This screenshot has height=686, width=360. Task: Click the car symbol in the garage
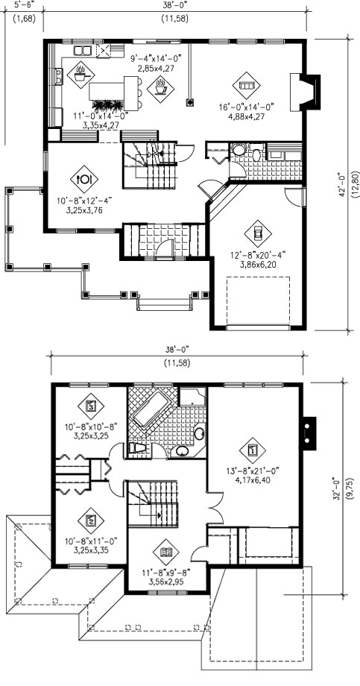tap(258, 233)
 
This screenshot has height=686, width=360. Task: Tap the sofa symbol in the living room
tap(246, 85)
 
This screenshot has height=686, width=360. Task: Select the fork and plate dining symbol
tap(84, 178)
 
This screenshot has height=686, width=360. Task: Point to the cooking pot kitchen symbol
tap(81, 75)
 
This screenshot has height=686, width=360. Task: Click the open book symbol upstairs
tap(166, 551)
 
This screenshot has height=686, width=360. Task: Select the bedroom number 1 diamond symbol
tap(253, 450)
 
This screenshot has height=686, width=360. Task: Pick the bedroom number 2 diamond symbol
tap(91, 520)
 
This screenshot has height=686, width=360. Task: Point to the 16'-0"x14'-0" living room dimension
tap(246, 107)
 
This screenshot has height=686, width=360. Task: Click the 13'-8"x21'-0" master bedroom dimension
tap(253, 471)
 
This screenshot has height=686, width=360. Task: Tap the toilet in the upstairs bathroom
tap(139, 449)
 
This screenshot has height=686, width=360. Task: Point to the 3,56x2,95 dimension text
tap(166, 581)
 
